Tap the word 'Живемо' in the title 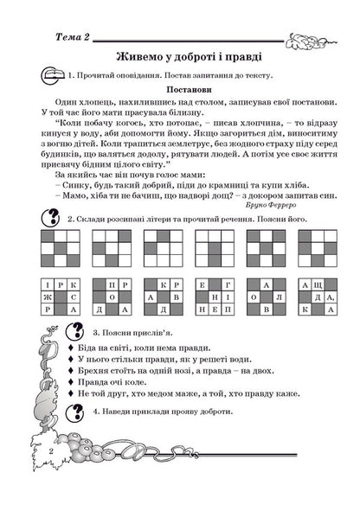[x=145, y=56]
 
